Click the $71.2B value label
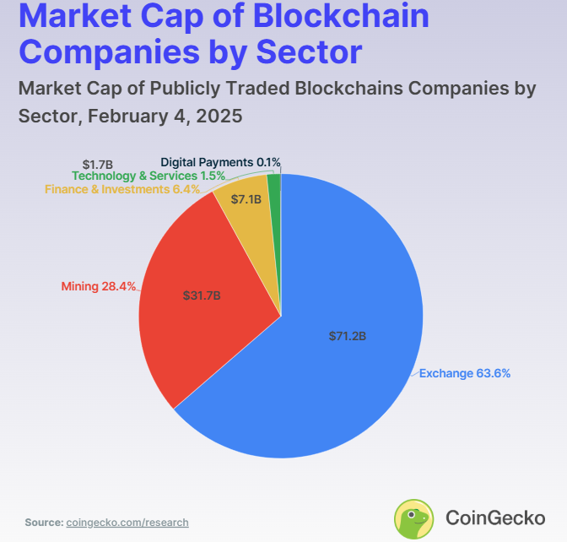tap(347, 336)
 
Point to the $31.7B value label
tap(202, 295)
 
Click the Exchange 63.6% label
tap(464, 372)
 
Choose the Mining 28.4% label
tap(99, 286)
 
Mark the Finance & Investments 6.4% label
tap(122, 189)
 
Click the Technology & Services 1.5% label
tap(148, 176)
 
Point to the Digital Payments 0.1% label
tap(220, 161)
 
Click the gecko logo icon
tap(414, 518)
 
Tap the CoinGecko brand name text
tap(494, 518)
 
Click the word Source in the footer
tap(43, 523)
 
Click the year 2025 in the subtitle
tap(219, 116)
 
